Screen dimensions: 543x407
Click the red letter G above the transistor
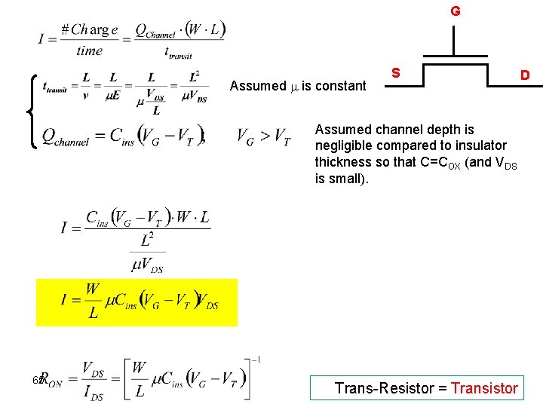[x=456, y=11]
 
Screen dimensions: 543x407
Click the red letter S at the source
[x=395, y=73]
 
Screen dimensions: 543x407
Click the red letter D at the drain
[x=525, y=75]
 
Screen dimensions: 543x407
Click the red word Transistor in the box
[x=484, y=388]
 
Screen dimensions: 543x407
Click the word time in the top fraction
[x=89, y=51]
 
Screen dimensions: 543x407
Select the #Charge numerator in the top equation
[x=89, y=30]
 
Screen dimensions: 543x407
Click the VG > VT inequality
[x=263, y=136]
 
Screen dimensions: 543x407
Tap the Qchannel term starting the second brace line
[x=66, y=136]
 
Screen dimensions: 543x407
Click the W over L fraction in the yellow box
[x=92, y=300]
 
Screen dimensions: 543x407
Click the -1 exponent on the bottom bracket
[x=257, y=360]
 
